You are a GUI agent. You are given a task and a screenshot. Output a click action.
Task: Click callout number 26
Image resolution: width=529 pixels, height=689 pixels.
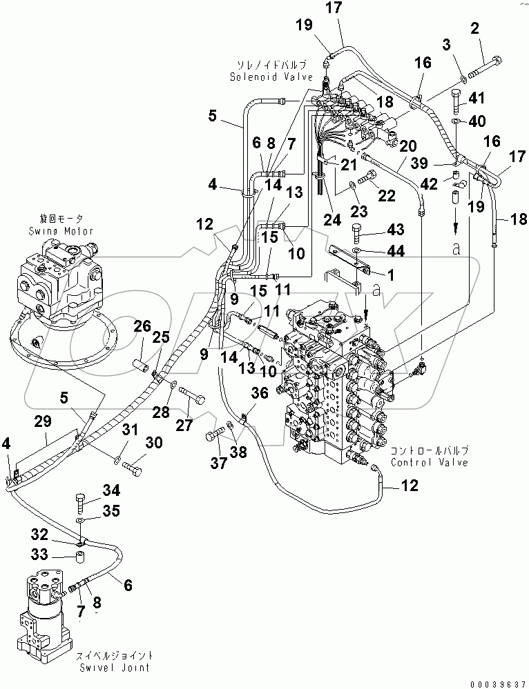click(142, 326)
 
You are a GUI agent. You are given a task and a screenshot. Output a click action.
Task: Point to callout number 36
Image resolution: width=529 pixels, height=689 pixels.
click(259, 394)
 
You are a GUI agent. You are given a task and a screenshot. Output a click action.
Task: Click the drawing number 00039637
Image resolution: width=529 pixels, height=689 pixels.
click(497, 682)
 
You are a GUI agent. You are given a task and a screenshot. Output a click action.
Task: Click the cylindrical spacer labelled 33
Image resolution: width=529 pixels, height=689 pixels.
click(81, 556)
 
